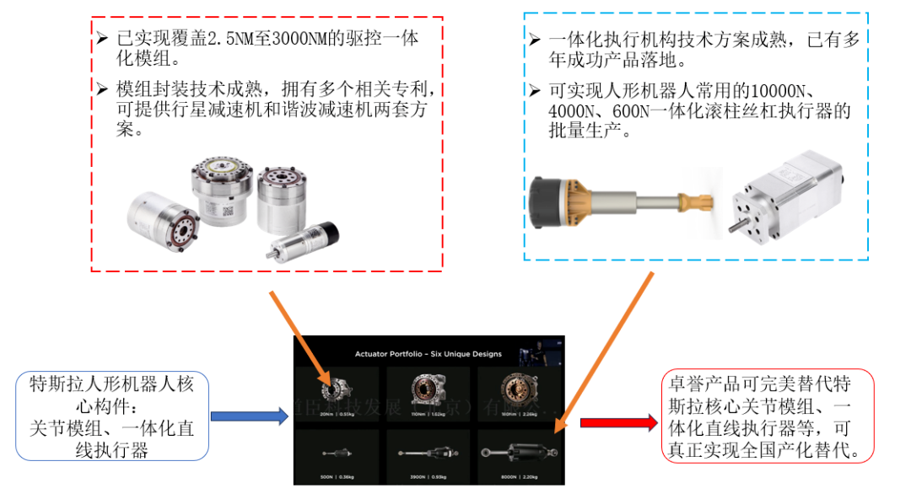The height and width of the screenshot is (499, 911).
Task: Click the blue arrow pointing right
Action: point(248,416)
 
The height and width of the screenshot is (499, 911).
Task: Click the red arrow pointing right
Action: point(619,422)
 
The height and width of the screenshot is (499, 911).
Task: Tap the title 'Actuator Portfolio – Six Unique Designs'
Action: point(429,353)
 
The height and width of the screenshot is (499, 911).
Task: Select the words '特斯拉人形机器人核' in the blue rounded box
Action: point(111,384)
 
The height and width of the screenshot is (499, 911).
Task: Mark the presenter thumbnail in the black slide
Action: point(531,349)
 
